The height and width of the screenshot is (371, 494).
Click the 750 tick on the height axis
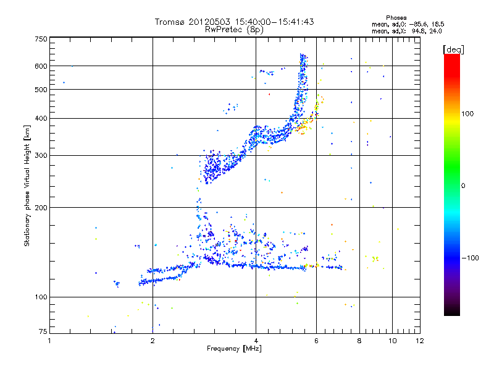(40, 39)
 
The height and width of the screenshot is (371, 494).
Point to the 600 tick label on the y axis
(40, 66)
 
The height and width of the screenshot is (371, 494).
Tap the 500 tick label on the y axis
(40, 90)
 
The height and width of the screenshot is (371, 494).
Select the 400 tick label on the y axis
(40, 118)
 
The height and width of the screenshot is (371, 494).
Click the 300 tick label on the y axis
(40, 155)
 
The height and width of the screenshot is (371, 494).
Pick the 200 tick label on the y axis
(40, 207)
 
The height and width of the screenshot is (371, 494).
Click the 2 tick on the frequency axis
(153, 341)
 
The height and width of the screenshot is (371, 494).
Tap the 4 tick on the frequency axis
(256, 341)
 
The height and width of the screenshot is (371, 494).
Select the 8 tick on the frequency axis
(359, 341)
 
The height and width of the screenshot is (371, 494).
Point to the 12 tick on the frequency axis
(419, 341)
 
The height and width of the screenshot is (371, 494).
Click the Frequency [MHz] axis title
(234, 349)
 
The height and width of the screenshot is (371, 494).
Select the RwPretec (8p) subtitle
(234, 29)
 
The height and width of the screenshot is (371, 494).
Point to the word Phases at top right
(396, 17)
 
